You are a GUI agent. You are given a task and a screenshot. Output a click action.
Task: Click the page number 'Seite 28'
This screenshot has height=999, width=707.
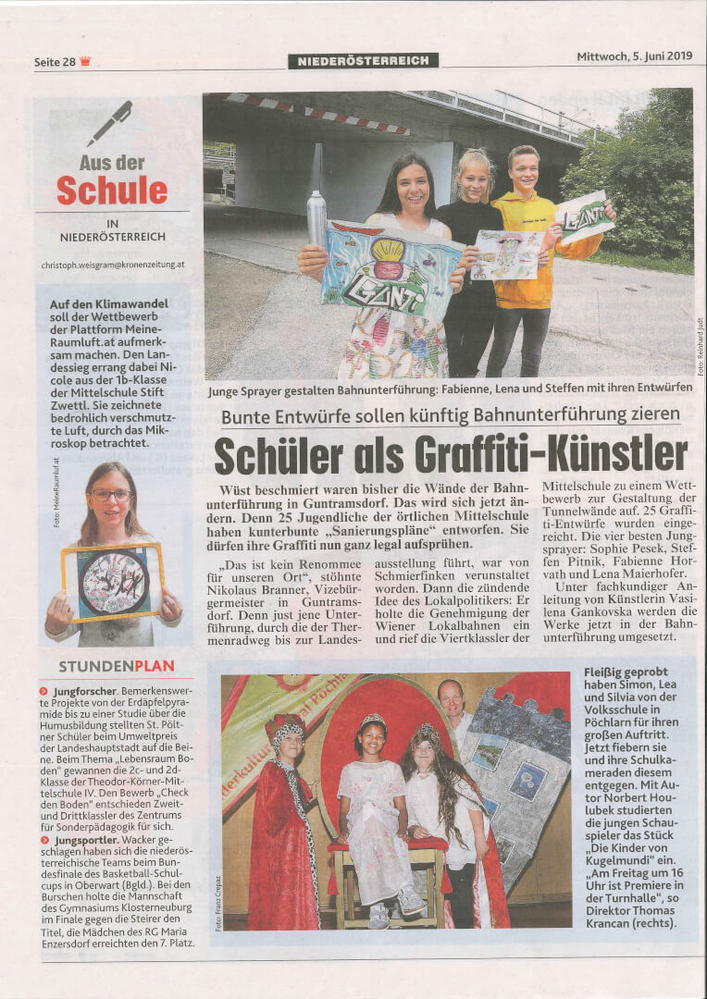click(x=55, y=62)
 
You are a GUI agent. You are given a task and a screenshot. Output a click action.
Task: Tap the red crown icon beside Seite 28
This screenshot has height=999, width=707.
click(x=86, y=61)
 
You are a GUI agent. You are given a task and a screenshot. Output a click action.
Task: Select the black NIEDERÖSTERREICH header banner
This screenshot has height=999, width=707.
click(x=363, y=61)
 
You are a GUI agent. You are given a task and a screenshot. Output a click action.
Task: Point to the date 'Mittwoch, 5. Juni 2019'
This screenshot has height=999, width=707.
click(x=634, y=56)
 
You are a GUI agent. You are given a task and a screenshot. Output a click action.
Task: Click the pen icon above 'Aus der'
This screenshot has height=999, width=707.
click(x=110, y=122)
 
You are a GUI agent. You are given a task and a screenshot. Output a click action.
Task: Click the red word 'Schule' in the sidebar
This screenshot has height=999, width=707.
click(x=112, y=190)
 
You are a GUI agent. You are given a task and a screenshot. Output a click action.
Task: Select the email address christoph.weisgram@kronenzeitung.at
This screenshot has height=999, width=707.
click(x=112, y=264)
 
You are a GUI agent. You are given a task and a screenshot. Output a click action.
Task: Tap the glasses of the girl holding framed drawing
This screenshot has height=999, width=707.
click(x=110, y=495)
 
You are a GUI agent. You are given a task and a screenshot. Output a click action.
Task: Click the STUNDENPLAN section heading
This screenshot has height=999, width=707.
click(x=116, y=666)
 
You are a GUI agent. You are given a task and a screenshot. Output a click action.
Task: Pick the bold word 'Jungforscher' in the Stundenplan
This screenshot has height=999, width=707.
click(x=84, y=691)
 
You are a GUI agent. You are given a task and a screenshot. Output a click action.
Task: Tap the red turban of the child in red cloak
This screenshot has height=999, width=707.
click(x=285, y=727)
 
